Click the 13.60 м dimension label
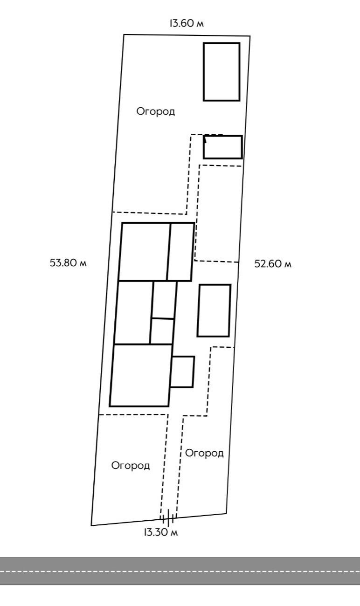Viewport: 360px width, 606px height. point(187,24)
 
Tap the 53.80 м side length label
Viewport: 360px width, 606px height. point(69,262)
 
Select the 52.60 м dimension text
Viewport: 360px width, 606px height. point(273,264)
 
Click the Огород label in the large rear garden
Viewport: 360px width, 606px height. point(156,111)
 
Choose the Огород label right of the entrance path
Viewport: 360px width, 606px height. point(204,453)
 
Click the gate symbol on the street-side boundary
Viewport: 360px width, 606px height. point(167,517)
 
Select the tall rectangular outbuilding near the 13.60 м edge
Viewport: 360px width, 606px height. point(222,72)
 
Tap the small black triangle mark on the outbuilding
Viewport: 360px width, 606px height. point(205,139)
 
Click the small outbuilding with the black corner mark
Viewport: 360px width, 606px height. point(223,147)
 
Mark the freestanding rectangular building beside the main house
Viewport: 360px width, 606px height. point(214,310)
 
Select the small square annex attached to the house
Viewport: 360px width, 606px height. point(182,372)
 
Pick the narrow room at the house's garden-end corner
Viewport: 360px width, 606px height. point(180,252)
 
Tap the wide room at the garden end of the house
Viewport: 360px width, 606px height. point(144,252)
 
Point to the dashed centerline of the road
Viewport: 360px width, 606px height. point(180,571)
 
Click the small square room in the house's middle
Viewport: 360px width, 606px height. point(162,331)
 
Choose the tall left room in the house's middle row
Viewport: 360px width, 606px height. point(133,312)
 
